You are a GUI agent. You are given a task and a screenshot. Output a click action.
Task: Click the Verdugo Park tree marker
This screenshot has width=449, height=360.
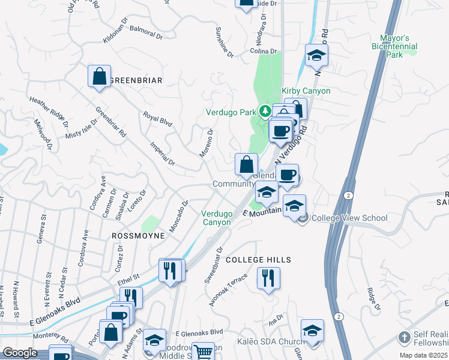click(x=264, y=112)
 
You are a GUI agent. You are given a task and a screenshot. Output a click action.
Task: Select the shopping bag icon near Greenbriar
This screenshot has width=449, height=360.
click(x=100, y=77)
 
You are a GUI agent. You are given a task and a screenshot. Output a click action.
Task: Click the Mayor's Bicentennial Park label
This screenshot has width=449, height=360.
click(x=394, y=46)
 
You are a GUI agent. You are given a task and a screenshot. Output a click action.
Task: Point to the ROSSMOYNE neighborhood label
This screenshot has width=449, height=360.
click(x=138, y=236)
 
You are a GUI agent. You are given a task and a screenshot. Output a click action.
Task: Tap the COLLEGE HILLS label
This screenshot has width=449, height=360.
click(x=258, y=260)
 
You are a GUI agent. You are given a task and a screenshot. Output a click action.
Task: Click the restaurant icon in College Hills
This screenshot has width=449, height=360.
click(x=268, y=278)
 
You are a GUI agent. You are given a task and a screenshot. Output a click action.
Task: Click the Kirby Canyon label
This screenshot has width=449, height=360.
click(x=306, y=91)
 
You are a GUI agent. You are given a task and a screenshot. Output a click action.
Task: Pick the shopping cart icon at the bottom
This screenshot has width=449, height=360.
click(x=203, y=352)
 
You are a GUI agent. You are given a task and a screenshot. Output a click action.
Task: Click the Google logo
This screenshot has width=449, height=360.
click(x=20, y=353)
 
